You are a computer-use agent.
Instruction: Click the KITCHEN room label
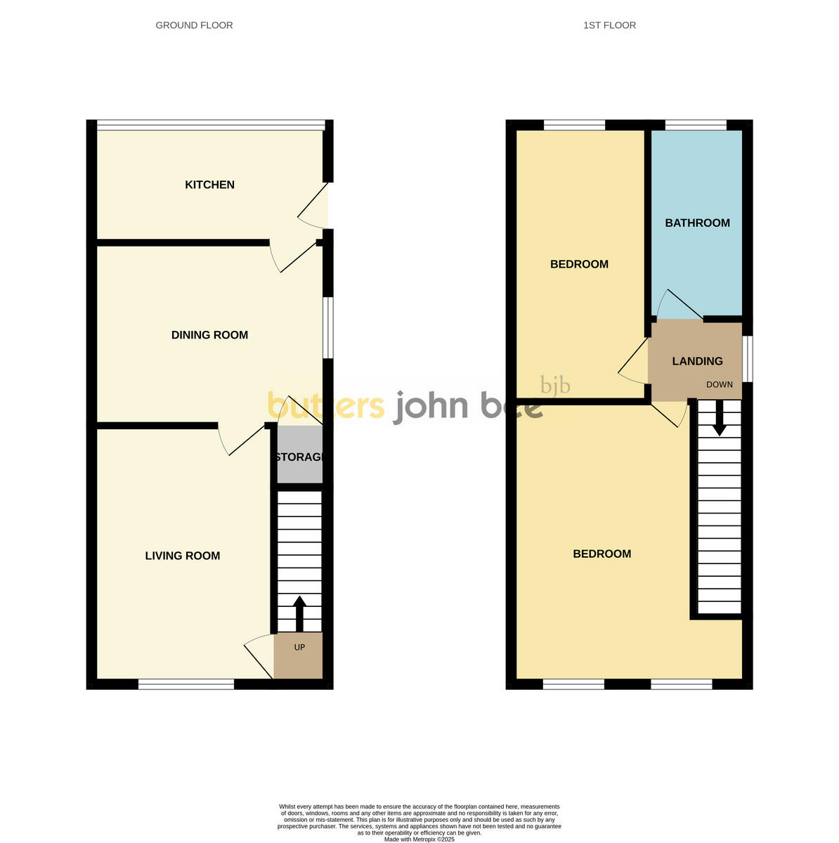[209, 185]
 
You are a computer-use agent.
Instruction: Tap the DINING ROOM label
[209, 335]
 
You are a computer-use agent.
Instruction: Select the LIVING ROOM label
[183, 556]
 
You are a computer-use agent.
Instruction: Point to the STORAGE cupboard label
[300, 457]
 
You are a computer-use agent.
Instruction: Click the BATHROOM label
[697, 223]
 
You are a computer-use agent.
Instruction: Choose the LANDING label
[697, 361]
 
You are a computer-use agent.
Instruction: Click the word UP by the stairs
[299, 647]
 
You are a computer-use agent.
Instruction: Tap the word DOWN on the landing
[719, 384]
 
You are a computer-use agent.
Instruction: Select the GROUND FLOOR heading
[194, 25]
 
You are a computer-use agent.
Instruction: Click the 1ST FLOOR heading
[609, 25]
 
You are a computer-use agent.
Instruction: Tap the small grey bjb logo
[555, 386]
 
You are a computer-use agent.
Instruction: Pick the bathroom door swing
[677, 306]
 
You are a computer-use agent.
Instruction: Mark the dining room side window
[328, 328]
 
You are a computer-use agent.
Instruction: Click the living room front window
[186, 684]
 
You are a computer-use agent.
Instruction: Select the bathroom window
[696, 125]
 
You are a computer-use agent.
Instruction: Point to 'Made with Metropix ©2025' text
[419, 839]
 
